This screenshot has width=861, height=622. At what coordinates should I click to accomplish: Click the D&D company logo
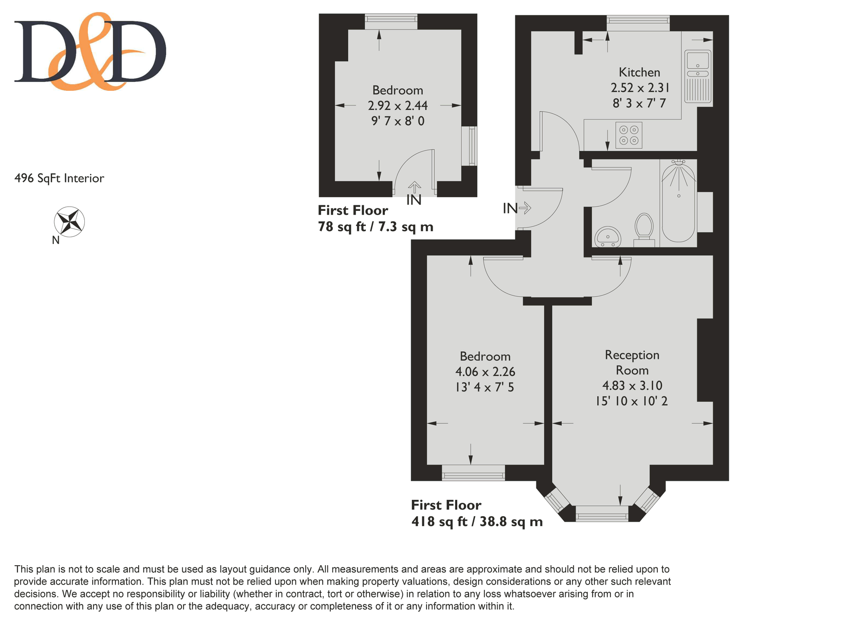[x=90, y=51]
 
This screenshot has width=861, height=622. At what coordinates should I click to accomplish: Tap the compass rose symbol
[x=69, y=222]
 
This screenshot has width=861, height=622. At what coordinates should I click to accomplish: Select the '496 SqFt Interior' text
[x=59, y=178]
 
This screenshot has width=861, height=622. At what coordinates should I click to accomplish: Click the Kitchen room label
[x=639, y=72]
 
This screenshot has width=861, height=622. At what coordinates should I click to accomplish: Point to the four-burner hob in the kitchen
[x=629, y=135]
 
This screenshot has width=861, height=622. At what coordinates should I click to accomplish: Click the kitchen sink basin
[x=698, y=60]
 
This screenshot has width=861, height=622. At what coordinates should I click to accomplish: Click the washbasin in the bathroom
[x=607, y=237]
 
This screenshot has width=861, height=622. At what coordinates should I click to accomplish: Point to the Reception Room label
[x=632, y=362]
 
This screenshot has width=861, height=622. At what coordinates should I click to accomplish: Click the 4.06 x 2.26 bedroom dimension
[x=485, y=371]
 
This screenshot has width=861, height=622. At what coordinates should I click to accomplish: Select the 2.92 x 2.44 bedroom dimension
[x=398, y=105]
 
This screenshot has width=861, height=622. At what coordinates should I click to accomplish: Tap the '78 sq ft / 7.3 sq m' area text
[x=375, y=226]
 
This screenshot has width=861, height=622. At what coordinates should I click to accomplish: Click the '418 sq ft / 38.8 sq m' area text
[x=477, y=522]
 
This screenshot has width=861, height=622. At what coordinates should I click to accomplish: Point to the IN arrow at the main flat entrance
[x=525, y=209]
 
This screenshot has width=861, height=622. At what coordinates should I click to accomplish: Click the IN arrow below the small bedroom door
[x=415, y=187]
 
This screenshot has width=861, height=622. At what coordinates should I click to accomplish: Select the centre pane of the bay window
[x=602, y=514]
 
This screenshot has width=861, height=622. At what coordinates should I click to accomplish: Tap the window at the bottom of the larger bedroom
[x=473, y=473]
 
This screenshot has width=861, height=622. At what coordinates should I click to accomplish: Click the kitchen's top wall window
[x=638, y=23]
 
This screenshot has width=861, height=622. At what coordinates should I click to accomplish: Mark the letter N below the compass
[x=56, y=240]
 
